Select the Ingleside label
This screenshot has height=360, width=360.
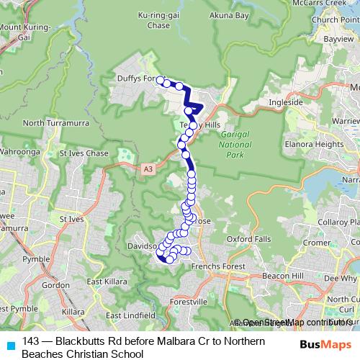285,102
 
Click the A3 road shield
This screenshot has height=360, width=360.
148,168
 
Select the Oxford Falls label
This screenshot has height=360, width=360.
249,238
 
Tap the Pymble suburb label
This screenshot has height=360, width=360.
56,257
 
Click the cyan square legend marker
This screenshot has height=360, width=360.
9,345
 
